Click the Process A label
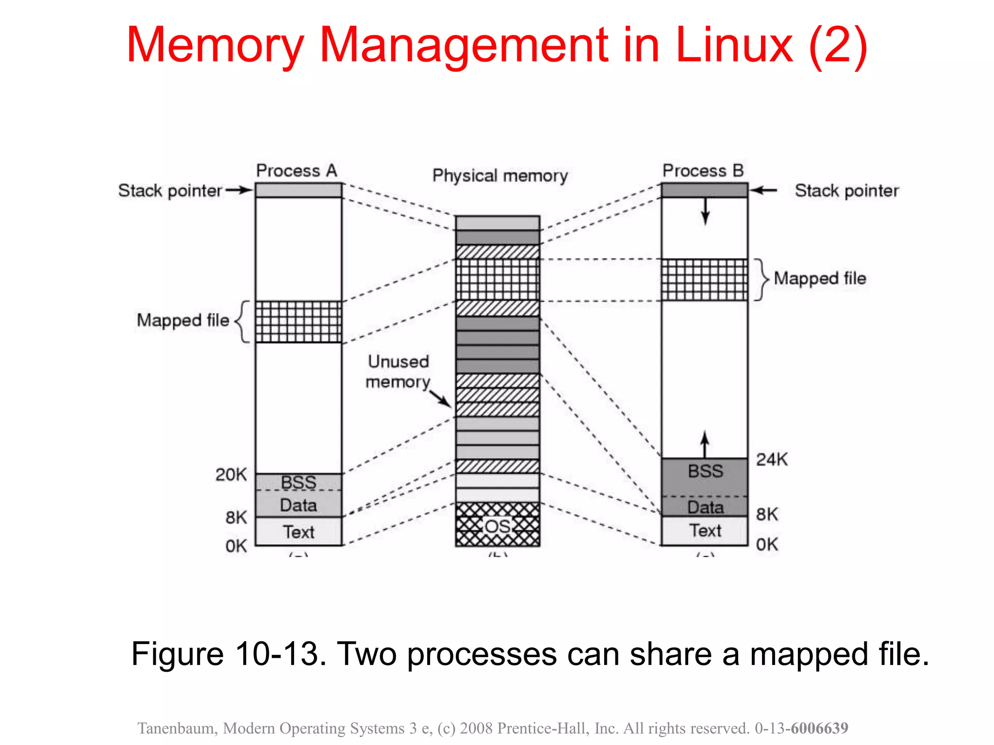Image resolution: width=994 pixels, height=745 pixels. point(296,171)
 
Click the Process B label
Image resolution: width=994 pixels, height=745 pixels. point(703,171)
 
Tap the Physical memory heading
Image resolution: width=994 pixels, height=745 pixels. point(500,176)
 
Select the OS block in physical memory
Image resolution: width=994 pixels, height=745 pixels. point(497,525)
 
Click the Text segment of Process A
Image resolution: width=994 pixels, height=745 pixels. point(298,532)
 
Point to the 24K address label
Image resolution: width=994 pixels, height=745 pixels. point(772,459)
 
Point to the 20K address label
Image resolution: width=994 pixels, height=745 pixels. point(231,474)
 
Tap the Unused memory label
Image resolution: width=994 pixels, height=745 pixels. point(398,372)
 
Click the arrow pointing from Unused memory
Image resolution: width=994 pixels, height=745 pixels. point(441,398)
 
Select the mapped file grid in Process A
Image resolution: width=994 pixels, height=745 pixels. point(298,322)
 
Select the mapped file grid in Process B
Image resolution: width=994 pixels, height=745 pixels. point(705,280)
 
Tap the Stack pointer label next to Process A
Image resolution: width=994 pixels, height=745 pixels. point(170,191)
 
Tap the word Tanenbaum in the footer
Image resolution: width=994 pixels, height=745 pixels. point(178,728)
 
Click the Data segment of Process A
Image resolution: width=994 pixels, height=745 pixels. point(298,505)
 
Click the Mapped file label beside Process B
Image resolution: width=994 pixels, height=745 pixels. point(820,278)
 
